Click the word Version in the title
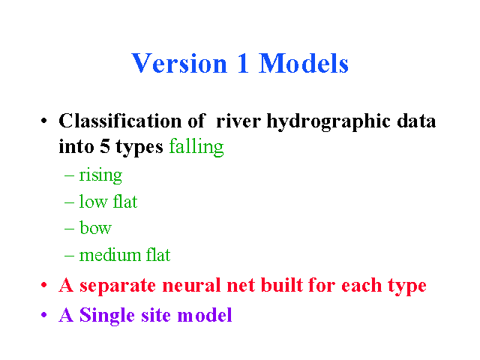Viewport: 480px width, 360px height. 179,63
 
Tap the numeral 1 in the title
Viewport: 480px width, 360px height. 243,63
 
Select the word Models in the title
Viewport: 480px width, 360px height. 304,63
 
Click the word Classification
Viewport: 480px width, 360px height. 120,121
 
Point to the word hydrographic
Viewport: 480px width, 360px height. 328,121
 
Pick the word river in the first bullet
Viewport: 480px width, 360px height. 238,121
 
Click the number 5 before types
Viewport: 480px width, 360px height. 105,146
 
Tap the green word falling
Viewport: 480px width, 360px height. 196,148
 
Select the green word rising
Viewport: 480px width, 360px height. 100,175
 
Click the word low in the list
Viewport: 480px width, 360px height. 93,202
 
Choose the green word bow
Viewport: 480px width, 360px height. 95,228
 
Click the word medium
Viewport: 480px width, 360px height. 110,255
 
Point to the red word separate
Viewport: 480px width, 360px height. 118,286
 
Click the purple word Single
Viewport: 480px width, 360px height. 106,316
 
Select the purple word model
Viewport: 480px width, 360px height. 205,315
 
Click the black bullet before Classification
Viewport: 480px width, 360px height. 43,121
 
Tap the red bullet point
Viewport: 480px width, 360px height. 43,285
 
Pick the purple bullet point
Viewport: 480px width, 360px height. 43,315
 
